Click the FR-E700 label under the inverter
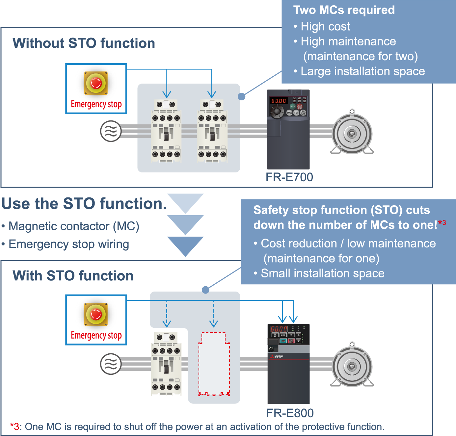point(289,177)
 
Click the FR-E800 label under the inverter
point(290,413)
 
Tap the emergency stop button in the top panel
point(96,83)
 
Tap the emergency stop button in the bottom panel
point(96,314)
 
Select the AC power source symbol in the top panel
point(111,131)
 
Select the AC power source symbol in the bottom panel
point(111,364)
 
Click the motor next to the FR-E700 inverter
point(352,133)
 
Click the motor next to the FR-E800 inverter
point(352,366)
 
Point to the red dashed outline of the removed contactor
point(214,364)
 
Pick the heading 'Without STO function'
point(84,43)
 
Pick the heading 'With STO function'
point(73,276)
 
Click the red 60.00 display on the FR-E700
point(279,101)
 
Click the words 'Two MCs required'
point(344,10)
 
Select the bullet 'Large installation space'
point(362,71)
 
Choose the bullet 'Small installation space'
point(322,273)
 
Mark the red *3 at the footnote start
point(14,427)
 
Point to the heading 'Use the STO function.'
point(84,204)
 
